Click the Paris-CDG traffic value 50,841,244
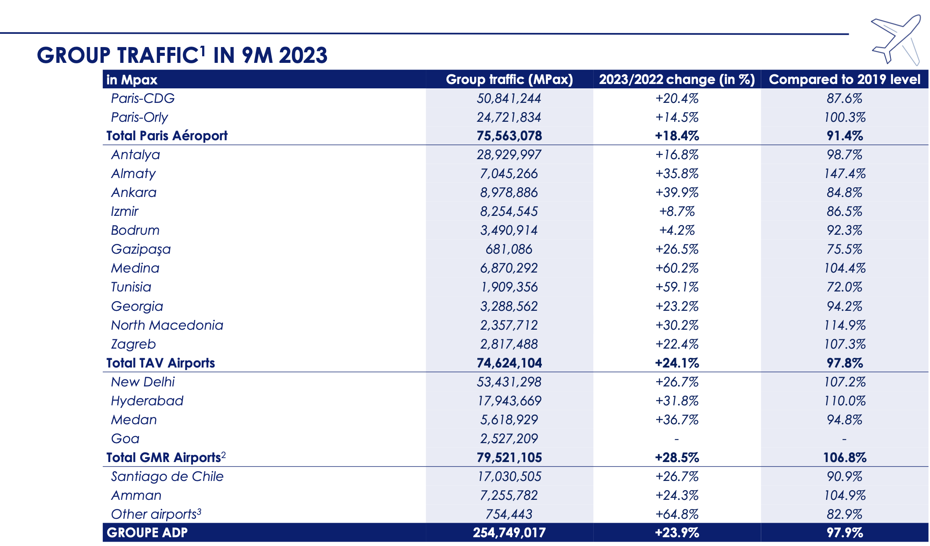pyautogui.click(x=509, y=98)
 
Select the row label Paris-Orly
pyautogui.click(x=139, y=117)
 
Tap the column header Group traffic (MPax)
pyautogui.click(x=509, y=79)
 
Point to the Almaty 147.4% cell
pyautogui.click(x=844, y=174)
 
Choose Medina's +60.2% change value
pyautogui.click(x=677, y=268)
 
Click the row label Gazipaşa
pyautogui.click(x=141, y=249)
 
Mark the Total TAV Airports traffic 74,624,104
pyautogui.click(x=509, y=363)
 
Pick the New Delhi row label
pyautogui.click(x=143, y=382)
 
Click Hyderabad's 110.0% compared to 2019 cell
pyautogui.click(x=844, y=401)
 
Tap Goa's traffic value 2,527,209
pyautogui.click(x=509, y=439)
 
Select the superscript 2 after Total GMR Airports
pyautogui.click(x=223, y=455)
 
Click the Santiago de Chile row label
pyautogui.click(x=167, y=477)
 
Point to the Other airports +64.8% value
pyautogui.click(x=677, y=514)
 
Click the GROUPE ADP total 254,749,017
pyautogui.click(x=509, y=533)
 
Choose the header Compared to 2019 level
pyautogui.click(x=844, y=79)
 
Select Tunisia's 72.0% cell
pyautogui.click(x=844, y=287)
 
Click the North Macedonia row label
pyautogui.click(x=167, y=325)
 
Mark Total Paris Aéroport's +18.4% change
pyautogui.click(x=677, y=136)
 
